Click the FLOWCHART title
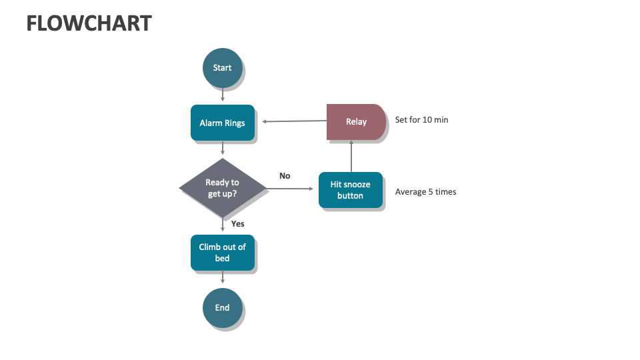89,23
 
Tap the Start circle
222,67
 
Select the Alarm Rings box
222,123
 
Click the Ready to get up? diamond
223,188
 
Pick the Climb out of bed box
222,252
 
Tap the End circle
222,307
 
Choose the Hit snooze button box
350,190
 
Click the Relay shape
355,122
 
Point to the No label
285,176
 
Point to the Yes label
237,224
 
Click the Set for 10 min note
421,120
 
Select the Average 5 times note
425,192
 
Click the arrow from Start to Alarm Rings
222,95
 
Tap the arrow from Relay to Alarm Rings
293,121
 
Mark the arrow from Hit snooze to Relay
351,156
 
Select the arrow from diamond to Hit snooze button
291,189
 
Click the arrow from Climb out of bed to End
222,277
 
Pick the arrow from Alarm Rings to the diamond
222,148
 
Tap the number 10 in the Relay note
427,120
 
